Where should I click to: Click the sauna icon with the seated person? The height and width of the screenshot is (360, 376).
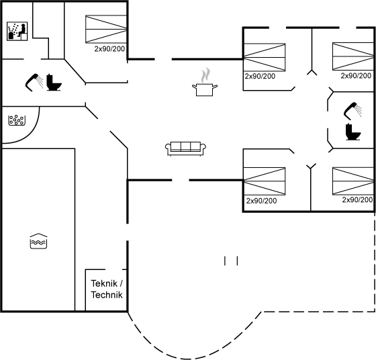pyautogui.click(x=17, y=31)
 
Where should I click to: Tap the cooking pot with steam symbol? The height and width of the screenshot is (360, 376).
pyautogui.click(x=205, y=82)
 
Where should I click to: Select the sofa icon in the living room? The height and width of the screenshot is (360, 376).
pyautogui.click(x=185, y=148)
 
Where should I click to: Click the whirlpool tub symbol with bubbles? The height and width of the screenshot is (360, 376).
pyautogui.click(x=17, y=120)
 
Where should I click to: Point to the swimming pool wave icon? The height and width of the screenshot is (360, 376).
pyautogui.click(x=38, y=241)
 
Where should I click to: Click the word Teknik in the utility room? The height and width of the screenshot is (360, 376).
pyautogui.click(x=104, y=283)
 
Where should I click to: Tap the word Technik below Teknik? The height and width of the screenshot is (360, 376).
pyautogui.click(x=107, y=295)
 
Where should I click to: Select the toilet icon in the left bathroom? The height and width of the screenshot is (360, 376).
pyautogui.click(x=54, y=83)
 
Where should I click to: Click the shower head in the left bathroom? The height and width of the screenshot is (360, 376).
pyautogui.click(x=34, y=83)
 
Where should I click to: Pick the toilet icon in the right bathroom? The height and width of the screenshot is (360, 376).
pyautogui.click(x=353, y=132)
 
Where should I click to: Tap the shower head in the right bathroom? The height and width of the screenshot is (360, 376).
pyautogui.click(x=352, y=111)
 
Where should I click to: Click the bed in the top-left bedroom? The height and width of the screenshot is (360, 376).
pyautogui.click(x=106, y=30)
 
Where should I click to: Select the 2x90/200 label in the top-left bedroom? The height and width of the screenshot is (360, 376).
pyautogui.click(x=109, y=49)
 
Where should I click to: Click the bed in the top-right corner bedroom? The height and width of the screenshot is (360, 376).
pyautogui.click(x=353, y=56)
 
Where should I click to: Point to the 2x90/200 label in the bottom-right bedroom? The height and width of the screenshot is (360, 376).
pyautogui.click(x=357, y=199)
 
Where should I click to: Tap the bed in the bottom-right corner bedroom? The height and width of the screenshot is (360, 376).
pyautogui.click(x=353, y=181)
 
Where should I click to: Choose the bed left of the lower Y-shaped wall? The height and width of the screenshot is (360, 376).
pyautogui.click(x=265, y=181)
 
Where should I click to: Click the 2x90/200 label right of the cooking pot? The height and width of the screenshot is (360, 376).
pyautogui.click(x=260, y=77)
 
